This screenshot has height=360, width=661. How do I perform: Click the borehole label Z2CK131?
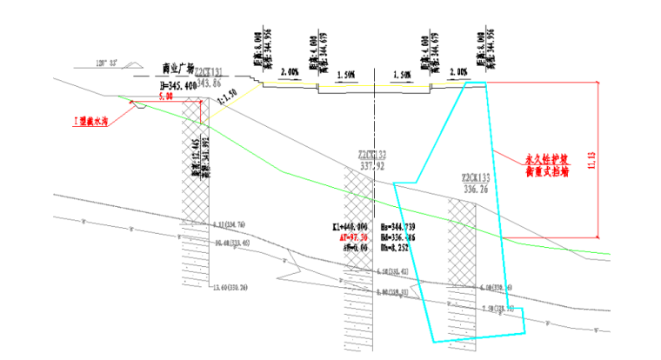click(208, 71)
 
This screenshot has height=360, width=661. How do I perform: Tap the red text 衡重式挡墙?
click(547, 172)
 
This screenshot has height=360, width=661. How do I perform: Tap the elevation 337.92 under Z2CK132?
click(371, 166)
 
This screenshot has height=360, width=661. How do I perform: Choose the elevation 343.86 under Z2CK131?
click(210, 82)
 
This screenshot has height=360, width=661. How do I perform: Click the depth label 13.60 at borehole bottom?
click(230, 288)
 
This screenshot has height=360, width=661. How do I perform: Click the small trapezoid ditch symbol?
click(137, 104)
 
